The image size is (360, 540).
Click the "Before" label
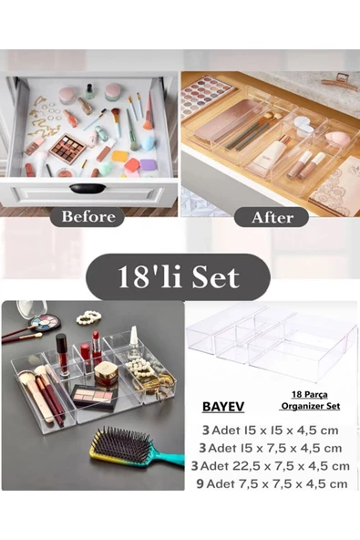tap(87, 216)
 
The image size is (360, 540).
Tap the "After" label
tap(272, 217)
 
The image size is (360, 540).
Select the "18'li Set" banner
tap(178, 277)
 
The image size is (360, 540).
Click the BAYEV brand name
tap(223, 407)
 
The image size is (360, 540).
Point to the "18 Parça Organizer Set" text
tap(310, 400)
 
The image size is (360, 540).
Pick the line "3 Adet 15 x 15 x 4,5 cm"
tap(270, 431)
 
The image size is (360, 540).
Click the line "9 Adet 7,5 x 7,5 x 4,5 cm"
tap(272, 483)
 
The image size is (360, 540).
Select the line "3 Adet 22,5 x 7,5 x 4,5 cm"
tap(270, 466)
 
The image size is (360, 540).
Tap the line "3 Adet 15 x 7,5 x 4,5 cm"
tap(270, 448)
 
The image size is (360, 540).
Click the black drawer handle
tap(87, 189)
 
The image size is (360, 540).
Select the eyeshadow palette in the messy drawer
tap(67, 149)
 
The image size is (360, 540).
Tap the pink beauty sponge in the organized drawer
tap(336, 138)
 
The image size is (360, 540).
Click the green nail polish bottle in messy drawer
tap(89, 91)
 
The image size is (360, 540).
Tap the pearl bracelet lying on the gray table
tap(88, 317)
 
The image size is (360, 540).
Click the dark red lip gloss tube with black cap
tap(62, 354)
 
